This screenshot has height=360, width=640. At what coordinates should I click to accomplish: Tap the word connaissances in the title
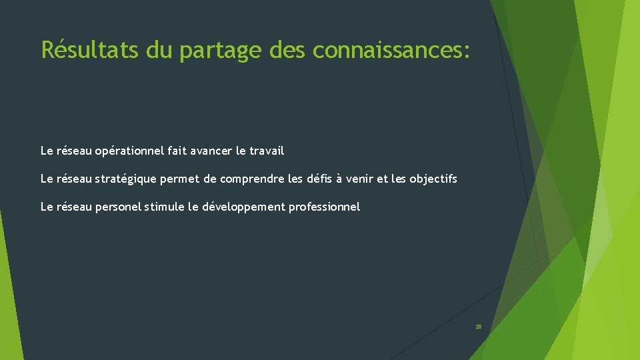point(391,49)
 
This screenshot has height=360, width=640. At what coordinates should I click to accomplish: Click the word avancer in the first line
point(211,151)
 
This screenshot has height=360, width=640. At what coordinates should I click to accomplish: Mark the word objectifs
point(433,179)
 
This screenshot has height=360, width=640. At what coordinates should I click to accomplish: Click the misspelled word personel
point(118,207)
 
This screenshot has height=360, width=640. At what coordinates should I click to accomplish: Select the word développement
point(243,207)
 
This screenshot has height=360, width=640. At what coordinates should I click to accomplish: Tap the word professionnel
point(324,207)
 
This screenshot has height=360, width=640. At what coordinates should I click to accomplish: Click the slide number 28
point(478,327)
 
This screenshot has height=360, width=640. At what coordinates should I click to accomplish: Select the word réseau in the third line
point(74,207)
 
